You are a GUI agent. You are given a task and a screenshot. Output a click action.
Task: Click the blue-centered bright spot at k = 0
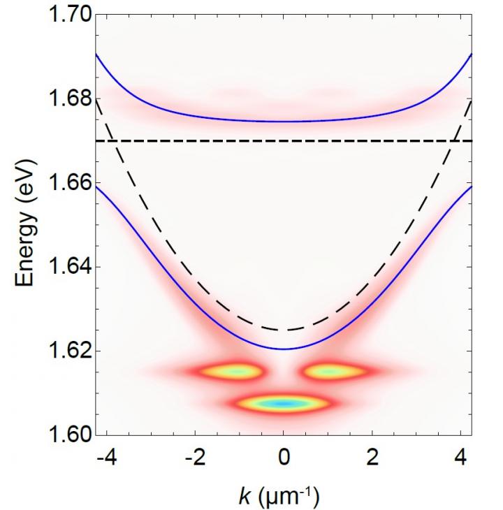click(x=284, y=403)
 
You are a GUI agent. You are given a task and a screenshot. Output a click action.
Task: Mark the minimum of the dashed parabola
click(x=284, y=330)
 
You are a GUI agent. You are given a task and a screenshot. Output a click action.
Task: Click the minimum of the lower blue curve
click(x=284, y=349)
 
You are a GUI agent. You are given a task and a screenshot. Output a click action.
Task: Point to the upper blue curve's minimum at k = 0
click(x=284, y=122)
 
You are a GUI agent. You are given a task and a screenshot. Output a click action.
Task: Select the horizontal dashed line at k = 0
click(x=284, y=141)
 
